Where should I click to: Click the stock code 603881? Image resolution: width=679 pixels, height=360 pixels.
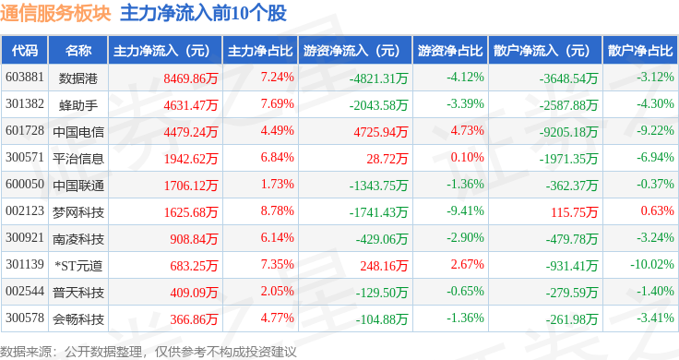pos(25,78)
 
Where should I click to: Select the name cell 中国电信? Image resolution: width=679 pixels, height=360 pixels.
pos(78,132)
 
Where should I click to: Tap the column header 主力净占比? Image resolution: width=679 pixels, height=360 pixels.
pos(260,51)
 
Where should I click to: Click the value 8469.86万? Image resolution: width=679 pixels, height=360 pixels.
pos(191,78)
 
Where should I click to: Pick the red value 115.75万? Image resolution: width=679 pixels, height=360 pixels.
pos(574,212)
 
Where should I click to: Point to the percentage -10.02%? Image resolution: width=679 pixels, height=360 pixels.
pos(652,264)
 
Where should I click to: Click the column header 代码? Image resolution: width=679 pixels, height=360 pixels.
pos(25,51)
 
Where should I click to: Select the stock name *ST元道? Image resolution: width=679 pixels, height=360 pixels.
pos(78,266)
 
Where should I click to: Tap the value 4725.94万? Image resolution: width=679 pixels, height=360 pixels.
pos(381,132)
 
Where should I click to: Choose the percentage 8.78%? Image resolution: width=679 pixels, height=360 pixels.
pos(277,211)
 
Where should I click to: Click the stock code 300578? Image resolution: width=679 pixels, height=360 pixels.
pos(25,318)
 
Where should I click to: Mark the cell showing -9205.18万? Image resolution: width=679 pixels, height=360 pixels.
pos(568,132)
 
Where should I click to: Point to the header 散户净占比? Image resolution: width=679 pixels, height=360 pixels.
pos(640,51)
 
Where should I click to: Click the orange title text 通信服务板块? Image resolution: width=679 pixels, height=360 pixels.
pos(56,14)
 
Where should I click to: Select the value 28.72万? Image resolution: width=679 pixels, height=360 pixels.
pos(387,159)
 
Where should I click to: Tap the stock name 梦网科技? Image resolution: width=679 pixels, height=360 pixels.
pos(78,212)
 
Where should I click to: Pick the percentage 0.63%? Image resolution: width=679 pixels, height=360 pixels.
pos(658,211)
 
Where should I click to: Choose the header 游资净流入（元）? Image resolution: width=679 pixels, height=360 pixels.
pos(351,51)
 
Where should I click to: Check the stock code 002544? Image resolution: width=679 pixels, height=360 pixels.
pos(25,291)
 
